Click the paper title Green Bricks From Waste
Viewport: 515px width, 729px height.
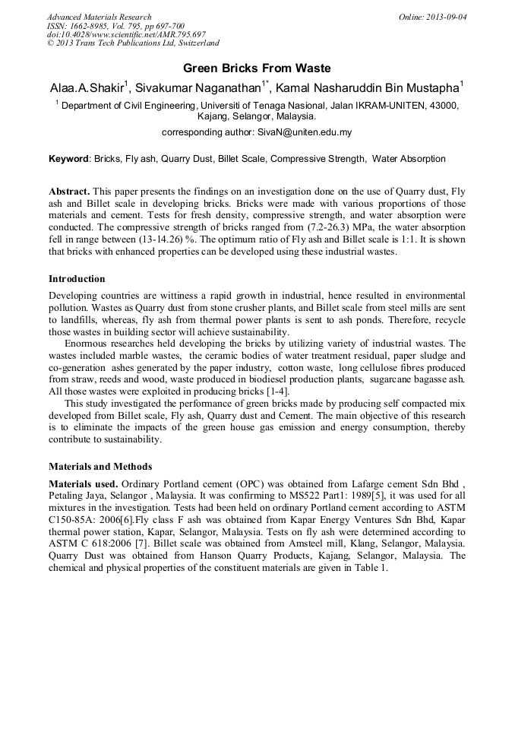click(x=257, y=68)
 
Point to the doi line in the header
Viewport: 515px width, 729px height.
click(x=126, y=35)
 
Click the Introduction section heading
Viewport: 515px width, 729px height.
click(x=77, y=279)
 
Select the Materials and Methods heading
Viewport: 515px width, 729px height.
click(x=100, y=466)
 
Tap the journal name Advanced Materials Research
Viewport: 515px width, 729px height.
click(x=100, y=17)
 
